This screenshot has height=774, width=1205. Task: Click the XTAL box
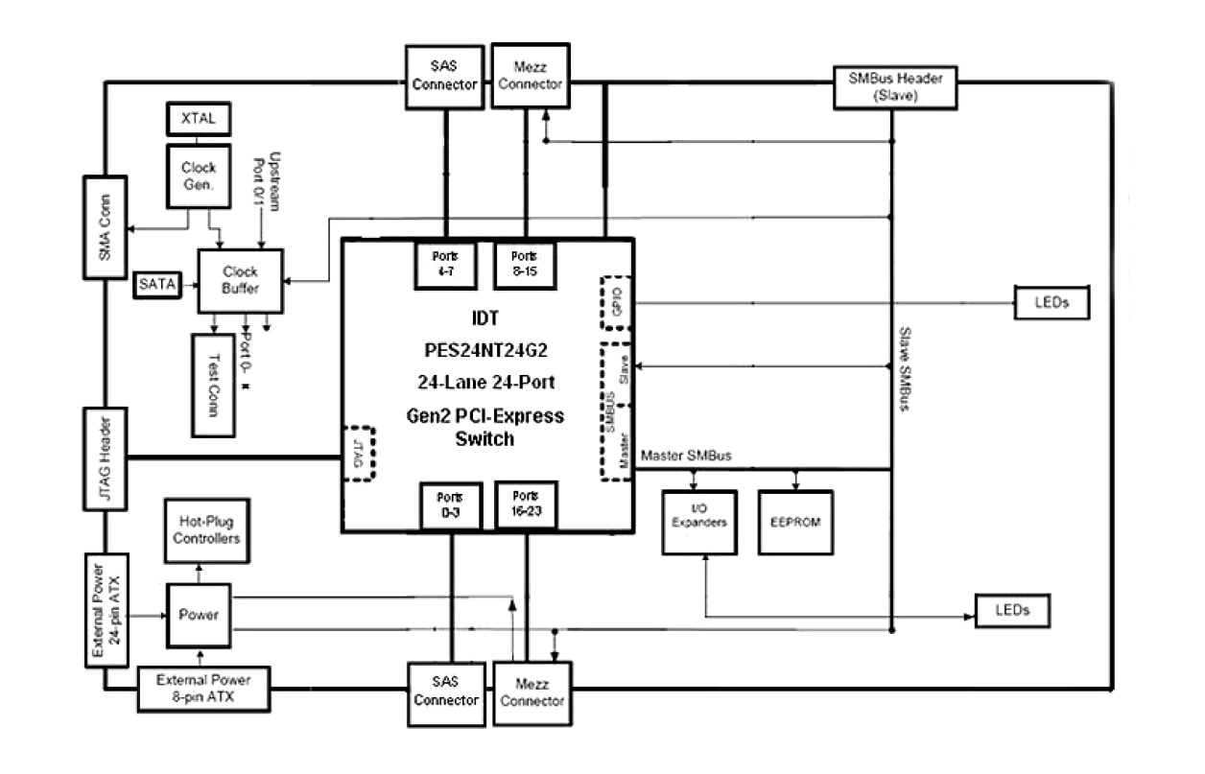199,120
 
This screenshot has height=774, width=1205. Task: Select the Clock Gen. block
199,176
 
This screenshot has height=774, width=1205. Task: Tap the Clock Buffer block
240,280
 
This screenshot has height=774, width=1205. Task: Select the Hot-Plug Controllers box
206,530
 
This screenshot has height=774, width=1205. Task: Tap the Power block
200,616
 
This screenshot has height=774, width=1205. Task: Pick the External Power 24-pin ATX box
105,609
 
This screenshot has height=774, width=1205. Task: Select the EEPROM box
795,523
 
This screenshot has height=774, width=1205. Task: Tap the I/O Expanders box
700,523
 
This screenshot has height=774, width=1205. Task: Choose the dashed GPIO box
615,304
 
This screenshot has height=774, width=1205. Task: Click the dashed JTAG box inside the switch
358,452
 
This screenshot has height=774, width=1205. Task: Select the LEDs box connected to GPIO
1051,304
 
